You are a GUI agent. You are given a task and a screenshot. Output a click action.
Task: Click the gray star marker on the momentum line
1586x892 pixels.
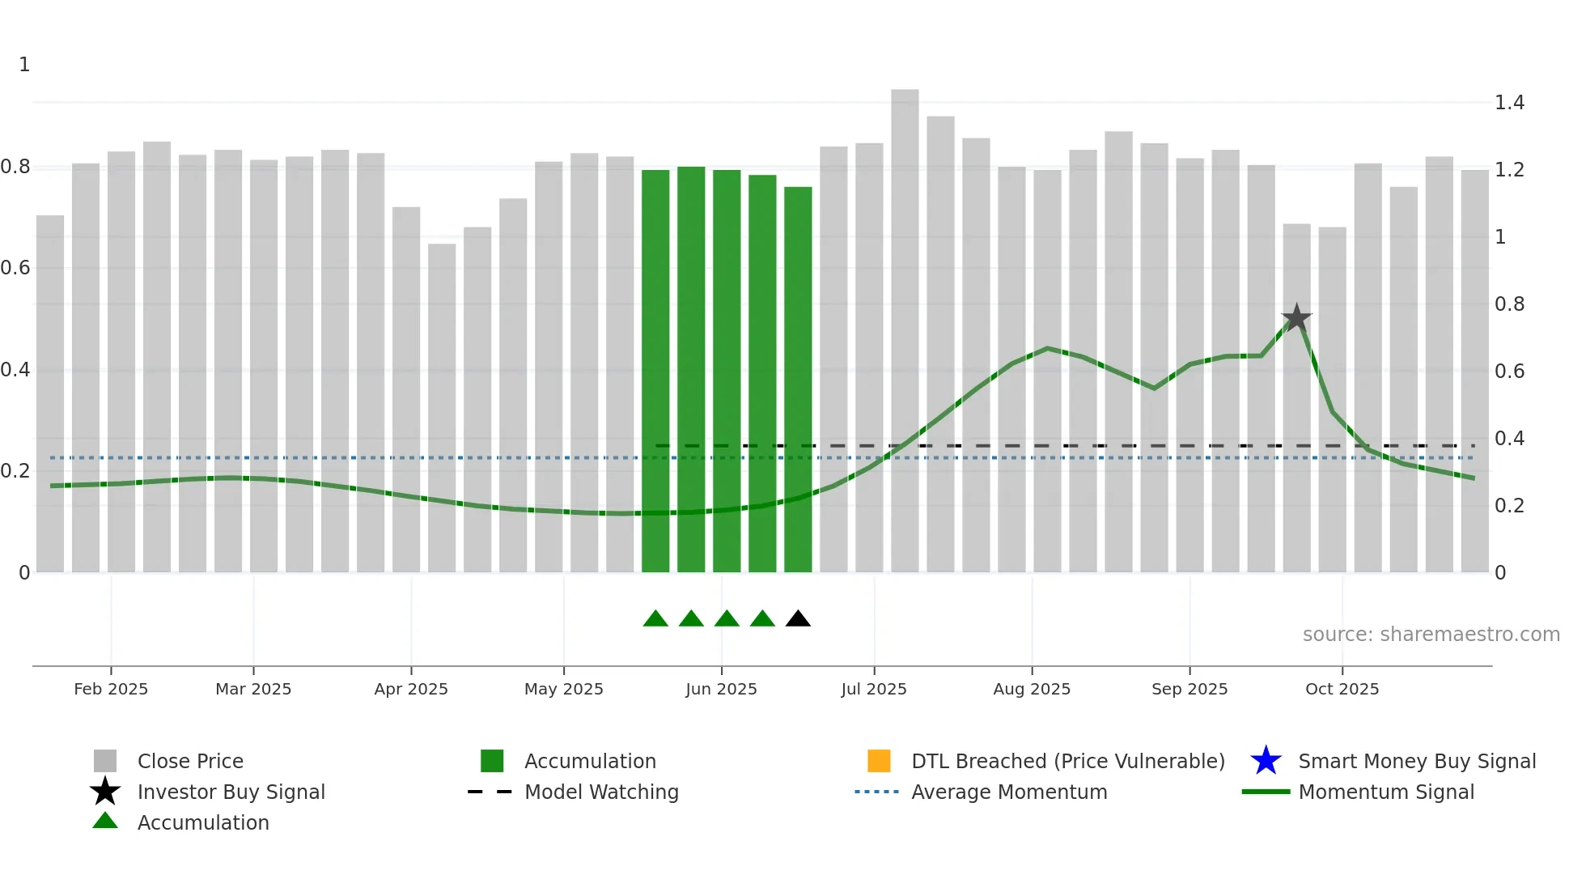point(1296,318)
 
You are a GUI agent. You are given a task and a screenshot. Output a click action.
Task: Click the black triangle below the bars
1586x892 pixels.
point(798,619)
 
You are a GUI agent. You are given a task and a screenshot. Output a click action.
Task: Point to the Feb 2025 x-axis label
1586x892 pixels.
point(111,689)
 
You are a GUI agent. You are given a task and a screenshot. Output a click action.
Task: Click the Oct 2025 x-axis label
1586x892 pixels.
point(1342,689)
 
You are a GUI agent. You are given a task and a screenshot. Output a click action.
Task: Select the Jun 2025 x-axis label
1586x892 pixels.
point(721,689)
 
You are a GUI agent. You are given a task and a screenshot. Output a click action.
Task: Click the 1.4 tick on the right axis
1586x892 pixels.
point(1509,103)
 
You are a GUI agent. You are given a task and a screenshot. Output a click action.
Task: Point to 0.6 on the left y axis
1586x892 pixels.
point(15,268)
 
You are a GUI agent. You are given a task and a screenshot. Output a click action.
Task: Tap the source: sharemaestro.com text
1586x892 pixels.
point(1431,635)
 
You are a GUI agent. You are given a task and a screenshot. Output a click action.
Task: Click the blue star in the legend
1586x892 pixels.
point(1266,761)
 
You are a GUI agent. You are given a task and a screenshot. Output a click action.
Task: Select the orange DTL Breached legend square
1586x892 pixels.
point(879,761)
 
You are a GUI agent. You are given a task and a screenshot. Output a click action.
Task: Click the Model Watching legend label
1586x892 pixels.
point(601,792)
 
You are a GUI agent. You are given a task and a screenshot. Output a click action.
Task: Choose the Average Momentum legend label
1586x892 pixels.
point(1009,792)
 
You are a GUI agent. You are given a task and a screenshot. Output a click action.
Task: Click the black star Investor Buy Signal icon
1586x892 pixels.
point(105,792)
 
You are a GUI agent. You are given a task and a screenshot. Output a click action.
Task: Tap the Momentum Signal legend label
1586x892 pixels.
point(1386,792)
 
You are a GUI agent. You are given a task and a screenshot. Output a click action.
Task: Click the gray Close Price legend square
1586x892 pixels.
point(105,761)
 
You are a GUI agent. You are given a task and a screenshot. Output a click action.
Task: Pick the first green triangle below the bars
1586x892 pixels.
point(655,619)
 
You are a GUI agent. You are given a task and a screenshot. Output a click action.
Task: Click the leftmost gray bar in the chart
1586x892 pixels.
point(50,393)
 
